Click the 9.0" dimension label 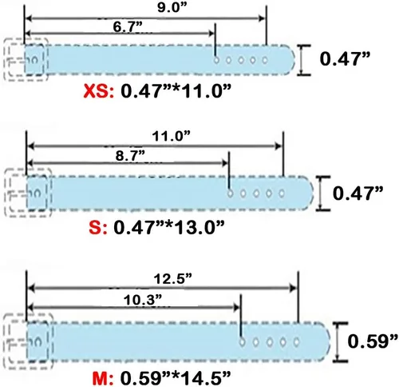172,7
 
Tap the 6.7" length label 128,27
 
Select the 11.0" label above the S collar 172,137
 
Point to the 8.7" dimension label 130,155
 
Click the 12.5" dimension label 173,279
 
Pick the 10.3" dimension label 143,301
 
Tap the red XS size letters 98,91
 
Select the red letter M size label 103,378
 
